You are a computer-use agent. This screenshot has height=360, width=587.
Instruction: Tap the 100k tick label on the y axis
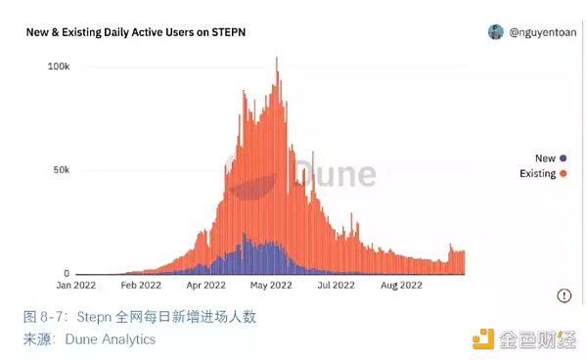58,67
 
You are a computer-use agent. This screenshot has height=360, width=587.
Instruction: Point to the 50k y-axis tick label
61,170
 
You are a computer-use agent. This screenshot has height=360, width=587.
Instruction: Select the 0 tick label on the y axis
67,274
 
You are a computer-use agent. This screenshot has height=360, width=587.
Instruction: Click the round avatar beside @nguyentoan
496,32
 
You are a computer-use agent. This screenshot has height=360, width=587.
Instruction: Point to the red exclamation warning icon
564,295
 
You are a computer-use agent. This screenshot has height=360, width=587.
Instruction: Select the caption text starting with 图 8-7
140,318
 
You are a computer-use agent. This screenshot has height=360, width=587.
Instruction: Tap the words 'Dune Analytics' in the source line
110,339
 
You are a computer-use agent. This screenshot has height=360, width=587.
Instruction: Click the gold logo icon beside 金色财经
483,339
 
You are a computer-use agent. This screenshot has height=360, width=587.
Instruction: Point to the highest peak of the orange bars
278,59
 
